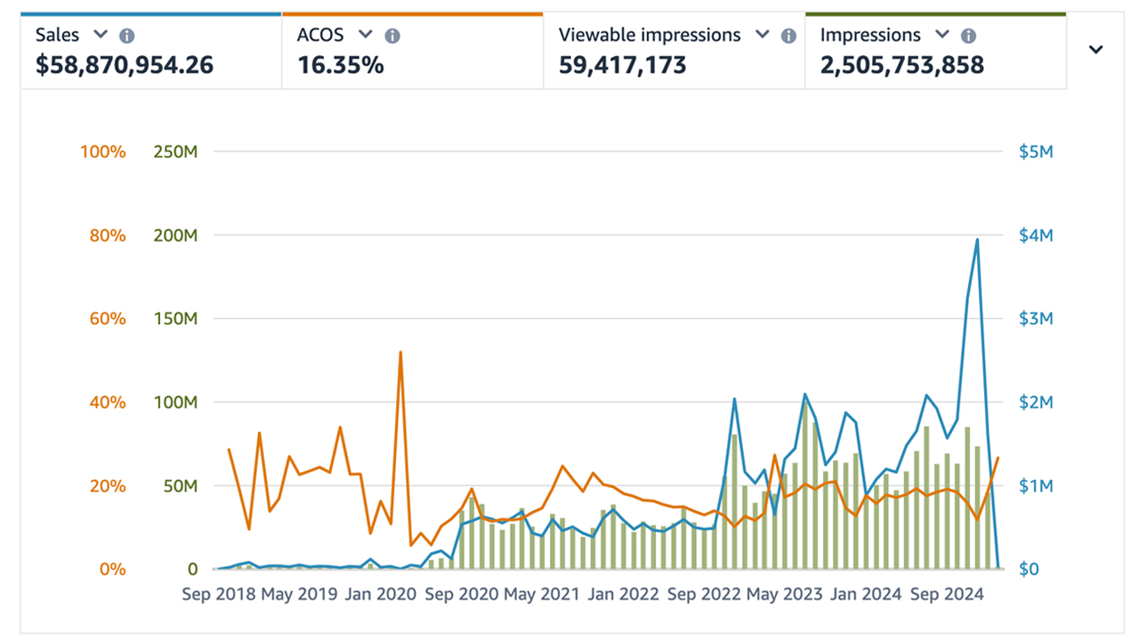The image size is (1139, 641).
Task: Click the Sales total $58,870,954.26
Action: (x=125, y=65)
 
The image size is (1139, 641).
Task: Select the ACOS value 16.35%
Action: (x=341, y=65)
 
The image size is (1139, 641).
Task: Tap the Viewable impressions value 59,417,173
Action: (x=622, y=65)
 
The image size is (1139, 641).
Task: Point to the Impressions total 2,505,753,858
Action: (x=901, y=65)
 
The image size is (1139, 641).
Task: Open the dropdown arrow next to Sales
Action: (x=101, y=35)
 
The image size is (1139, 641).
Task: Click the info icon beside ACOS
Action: (x=392, y=36)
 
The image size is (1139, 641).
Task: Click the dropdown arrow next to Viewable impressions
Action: (x=762, y=35)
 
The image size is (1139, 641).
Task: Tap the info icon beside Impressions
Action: (x=969, y=36)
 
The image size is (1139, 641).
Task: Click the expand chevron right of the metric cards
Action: (x=1096, y=50)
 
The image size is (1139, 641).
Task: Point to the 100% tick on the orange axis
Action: (x=103, y=152)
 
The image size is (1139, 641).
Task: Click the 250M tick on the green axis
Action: (x=175, y=152)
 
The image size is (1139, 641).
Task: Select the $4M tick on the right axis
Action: (x=1035, y=236)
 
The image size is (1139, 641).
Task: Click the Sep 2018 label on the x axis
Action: (x=219, y=594)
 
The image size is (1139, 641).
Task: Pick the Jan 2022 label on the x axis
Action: (x=623, y=594)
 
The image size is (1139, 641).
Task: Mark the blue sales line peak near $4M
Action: (x=977, y=239)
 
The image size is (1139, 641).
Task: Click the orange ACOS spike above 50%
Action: (x=400, y=353)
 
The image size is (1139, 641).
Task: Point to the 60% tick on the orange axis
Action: (x=107, y=319)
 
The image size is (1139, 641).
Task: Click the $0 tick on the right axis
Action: (x=1029, y=569)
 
